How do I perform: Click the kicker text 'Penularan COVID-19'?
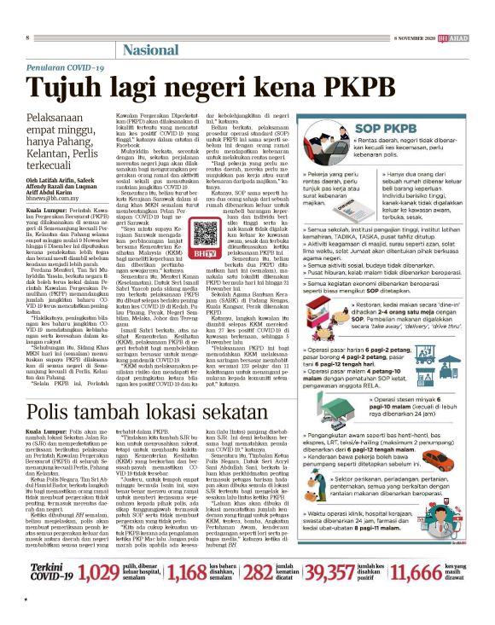click(61, 68)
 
